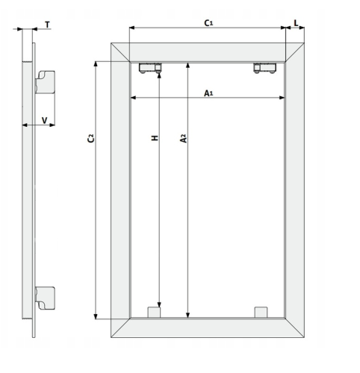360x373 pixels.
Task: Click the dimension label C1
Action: [x=208, y=23]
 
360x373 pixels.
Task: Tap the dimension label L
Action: [x=296, y=23]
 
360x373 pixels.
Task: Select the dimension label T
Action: [x=47, y=25]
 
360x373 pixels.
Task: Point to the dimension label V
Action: [x=44, y=121]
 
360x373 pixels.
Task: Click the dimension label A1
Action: [x=208, y=93]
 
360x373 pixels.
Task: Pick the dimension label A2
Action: [x=183, y=138]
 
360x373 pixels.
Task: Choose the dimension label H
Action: [x=155, y=138]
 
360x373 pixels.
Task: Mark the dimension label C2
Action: [x=91, y=138]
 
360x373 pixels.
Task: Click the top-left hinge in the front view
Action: [x=150, y=68]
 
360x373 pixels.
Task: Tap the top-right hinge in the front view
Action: [x=265, y=68]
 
